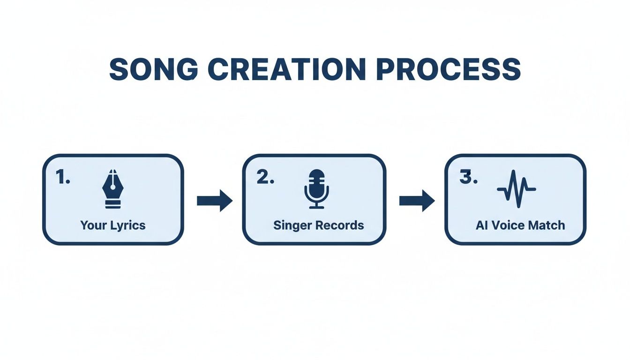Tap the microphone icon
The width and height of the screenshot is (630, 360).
click(x=316, y=189)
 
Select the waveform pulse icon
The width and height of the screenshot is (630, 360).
click(x=516, y=189)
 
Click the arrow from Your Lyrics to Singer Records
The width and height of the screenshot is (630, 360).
click(x=214, y=201)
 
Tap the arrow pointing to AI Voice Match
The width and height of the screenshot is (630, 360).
click(x=417, y=201)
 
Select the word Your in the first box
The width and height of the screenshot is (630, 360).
click(x=94, y=225)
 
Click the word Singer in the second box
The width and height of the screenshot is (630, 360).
click(x=289, y=225)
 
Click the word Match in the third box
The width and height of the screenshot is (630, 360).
click(x=547, y=225)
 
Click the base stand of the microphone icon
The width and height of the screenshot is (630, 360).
click(x=316, y=206)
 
